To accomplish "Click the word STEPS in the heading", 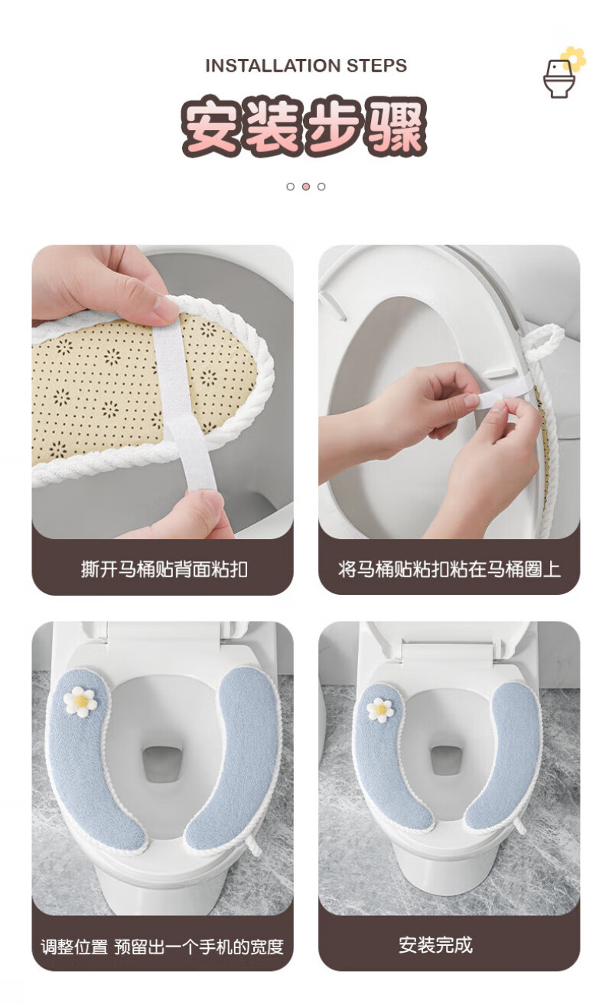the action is click(x=377, y=66).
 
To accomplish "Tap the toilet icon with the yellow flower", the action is click(x=563, y=73).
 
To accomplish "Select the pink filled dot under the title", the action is click(x=306, y=187).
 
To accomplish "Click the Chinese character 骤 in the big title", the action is click(x=396, y=126).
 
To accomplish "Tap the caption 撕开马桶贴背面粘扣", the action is click(x=164, y=569).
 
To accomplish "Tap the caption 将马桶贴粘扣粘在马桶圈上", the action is click(x=449, y=569).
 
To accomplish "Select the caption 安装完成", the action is click(x=435, y=944).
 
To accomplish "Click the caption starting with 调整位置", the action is click(x=162, y=947).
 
